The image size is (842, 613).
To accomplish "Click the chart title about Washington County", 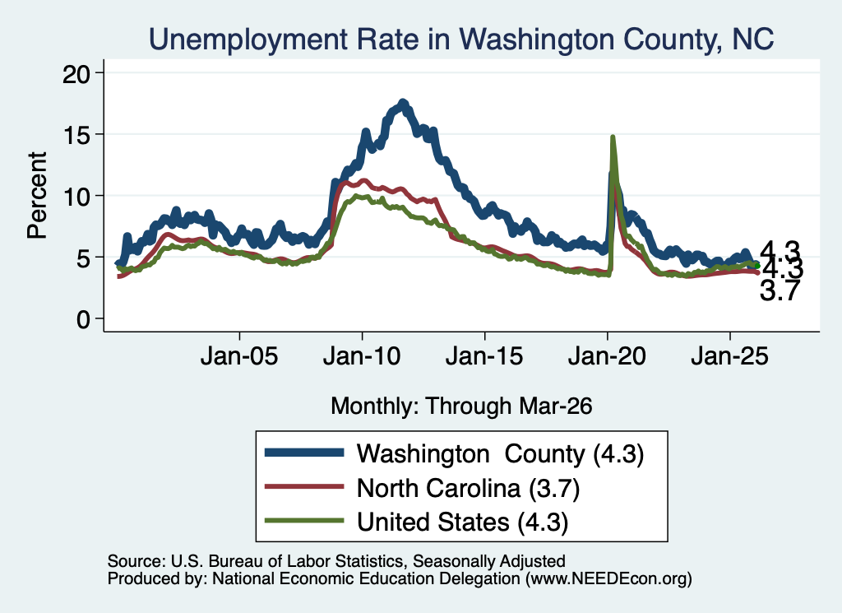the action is click(x=461, y=39).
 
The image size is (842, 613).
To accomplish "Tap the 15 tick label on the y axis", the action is click(x=76, y=134).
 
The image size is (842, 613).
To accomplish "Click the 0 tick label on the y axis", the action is click(x=83, y=319).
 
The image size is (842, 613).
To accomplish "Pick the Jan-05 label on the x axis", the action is click(x=239, y=355).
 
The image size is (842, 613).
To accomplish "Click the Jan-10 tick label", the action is click(x=362, y=355).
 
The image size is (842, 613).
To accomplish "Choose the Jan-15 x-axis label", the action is click(x=484, y=355).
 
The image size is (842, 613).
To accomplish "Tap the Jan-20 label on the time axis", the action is click(x=607, y=355).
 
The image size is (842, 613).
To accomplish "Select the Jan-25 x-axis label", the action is click(x=730, y=355).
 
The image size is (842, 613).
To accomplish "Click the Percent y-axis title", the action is click(x=37, y=195).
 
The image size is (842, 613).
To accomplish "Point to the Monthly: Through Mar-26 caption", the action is click(x=461, y=406).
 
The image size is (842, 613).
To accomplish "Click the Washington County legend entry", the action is click(x=455, y=453).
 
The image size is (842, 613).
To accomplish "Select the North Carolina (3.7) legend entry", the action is click(x=423, y=488).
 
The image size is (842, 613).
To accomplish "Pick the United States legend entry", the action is click(x=417, y=522).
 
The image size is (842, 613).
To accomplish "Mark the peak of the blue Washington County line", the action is click(x=403, y=102).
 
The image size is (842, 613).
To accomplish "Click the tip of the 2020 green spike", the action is click(x=612, y=137).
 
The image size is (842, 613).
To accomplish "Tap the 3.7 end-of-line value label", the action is click(x=780, y=290).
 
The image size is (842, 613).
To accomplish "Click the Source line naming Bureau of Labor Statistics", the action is click(x=336, y=561).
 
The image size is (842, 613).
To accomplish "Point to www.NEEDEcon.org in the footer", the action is click(x=608, y=578).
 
